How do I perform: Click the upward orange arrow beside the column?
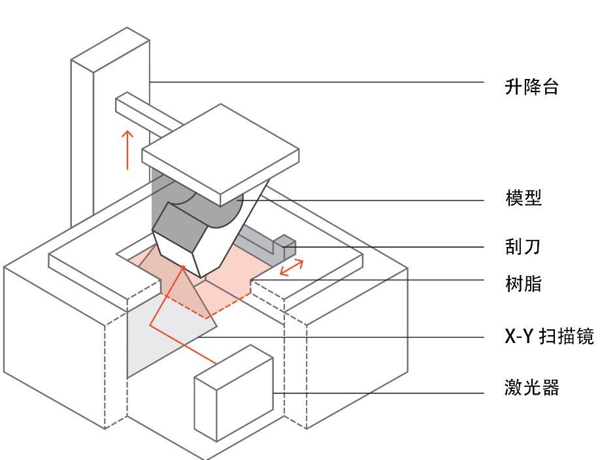pos(128,149)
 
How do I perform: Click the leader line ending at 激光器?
pos(379,393)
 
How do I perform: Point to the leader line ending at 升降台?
pos(314,82)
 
